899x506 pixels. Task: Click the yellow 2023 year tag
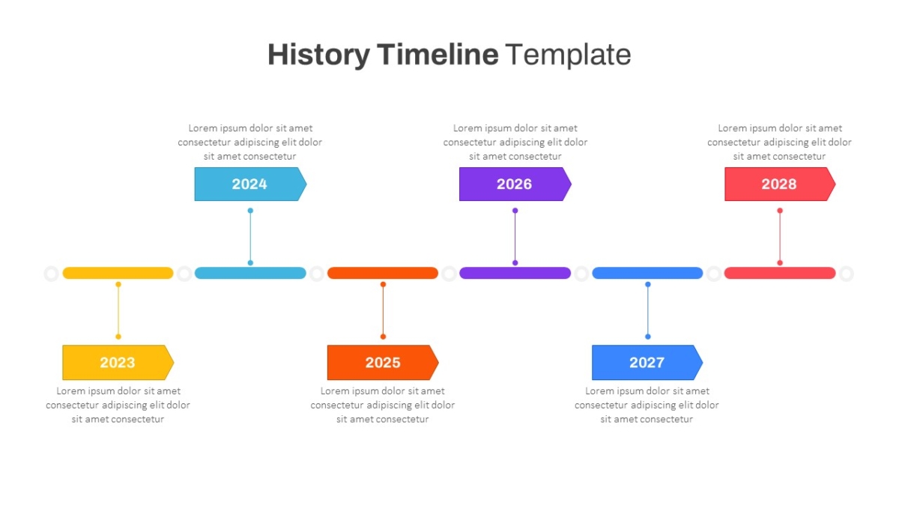[118, 362]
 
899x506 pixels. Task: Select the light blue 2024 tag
[250, 184]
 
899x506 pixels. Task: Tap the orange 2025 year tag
[383, 362]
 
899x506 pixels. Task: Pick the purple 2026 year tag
[515, 184]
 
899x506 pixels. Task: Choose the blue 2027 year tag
[647, 362]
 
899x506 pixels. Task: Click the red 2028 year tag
[780, 184]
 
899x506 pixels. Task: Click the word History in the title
[318, 55]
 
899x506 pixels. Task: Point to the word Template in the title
[568, 55]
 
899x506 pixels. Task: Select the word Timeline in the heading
[438, 54]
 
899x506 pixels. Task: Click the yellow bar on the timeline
[118, 273]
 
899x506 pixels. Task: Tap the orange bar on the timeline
[383, 273]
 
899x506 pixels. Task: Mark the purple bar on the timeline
[515, 273]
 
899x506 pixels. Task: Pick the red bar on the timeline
[780, 273]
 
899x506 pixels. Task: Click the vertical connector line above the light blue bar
[250, 237]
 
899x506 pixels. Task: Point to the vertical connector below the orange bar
[384, 310]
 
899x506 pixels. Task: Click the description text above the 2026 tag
[515, 142]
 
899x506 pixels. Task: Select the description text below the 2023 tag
[118, 405]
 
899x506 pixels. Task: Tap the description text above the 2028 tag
[779, 142]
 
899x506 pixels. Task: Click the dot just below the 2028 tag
[780, 211]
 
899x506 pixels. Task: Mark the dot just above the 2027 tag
[648, 337]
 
